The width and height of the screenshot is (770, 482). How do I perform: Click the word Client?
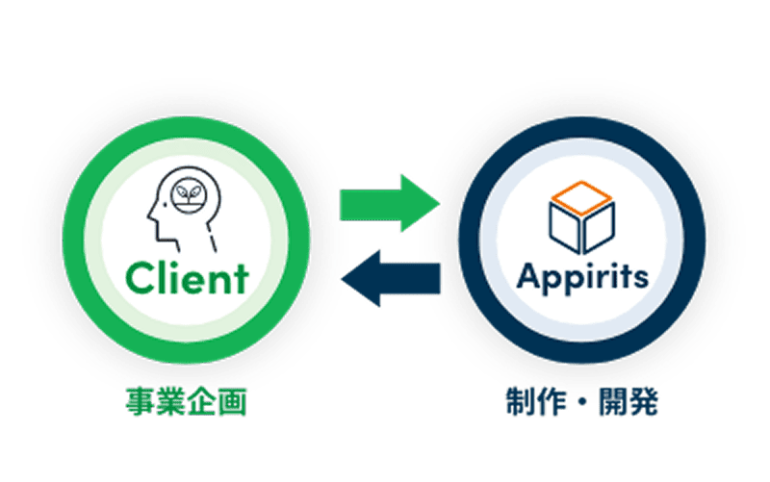pyautogui.click(x=186, y=278)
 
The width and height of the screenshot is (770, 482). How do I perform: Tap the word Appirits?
pyautogui.click(x=582, y=276)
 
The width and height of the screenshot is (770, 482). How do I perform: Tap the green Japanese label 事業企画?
pyautogui.click(x=185, y=402)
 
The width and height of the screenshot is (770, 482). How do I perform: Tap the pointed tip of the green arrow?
pyautogui.click(x=438, y=202)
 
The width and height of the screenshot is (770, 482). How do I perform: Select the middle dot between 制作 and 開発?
pyautogui.click(x=582, y=402)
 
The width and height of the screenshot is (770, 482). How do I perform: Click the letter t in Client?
pyautogui.click(x=240, y=278)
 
